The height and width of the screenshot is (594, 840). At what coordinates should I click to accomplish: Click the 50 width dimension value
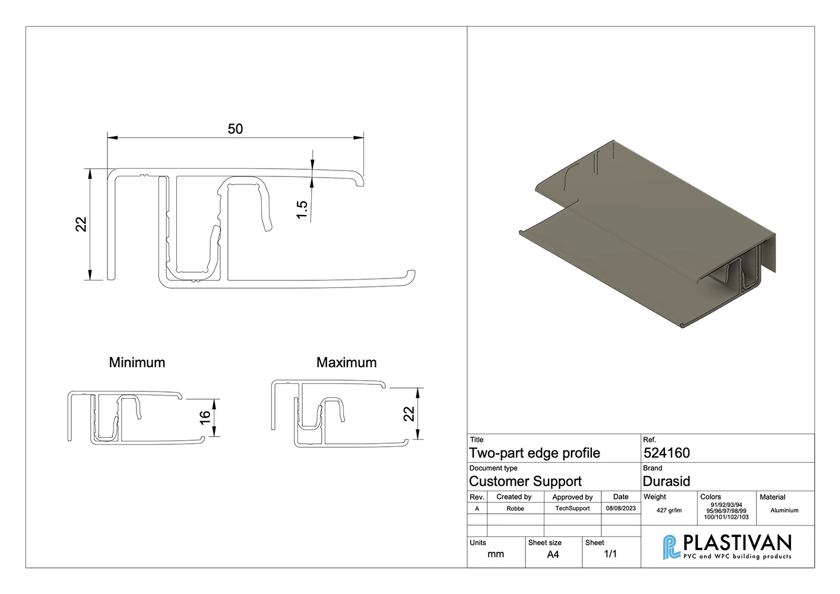pyautogui.click(x=235, y=129)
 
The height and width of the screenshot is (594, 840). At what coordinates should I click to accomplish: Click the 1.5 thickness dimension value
pyautogui.click(x=302, y=209)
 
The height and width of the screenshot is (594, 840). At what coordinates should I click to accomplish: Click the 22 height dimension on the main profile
pyautogui.click(x=81, y=224)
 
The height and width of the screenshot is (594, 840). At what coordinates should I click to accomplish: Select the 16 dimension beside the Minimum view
pyautogui.click(x=205, y=418)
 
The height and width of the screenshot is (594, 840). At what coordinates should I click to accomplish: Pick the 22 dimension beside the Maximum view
pyautogui.click(x=408, y=414)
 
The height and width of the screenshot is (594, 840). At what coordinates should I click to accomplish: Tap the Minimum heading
pyautogui.click(x=137, y=362)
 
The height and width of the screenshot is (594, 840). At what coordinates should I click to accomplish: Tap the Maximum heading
pyautogui.click(x=347, y=362)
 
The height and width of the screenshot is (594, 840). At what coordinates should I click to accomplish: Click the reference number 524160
pyautogui.click(x=667, y=453)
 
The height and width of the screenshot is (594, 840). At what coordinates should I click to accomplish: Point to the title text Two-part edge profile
pyautogui.click(x=535, y=453)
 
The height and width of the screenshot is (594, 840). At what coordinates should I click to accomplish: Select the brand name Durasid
pyautogui.click(x=667, y=481)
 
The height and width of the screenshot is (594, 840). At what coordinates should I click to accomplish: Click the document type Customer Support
pyautogui.click(x=525, y=481)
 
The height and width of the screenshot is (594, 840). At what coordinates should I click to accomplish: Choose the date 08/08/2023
pyautogui.click(x=621, y=508)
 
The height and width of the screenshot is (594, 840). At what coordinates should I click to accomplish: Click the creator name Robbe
pyautogui.click(x=515, y=509)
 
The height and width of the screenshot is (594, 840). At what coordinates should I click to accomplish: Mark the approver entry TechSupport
pyautogui.click(x=573, y=508)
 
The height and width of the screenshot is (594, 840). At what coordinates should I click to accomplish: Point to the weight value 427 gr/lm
pyautogui.click(x=669, y=510)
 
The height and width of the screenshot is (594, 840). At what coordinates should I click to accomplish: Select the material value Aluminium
pyautogui.click(x=785, y=510)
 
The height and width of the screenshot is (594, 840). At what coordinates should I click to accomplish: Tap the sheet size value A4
pyautogui.click(x=553, y=555)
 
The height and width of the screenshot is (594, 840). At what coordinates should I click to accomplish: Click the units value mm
pyautogui.click(x=496, y=555)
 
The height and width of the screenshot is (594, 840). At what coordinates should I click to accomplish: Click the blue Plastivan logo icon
pyautogui.click(x=671, y=546)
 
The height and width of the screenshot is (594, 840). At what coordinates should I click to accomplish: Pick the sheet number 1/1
pyautogui.click(x=610, y=554)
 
